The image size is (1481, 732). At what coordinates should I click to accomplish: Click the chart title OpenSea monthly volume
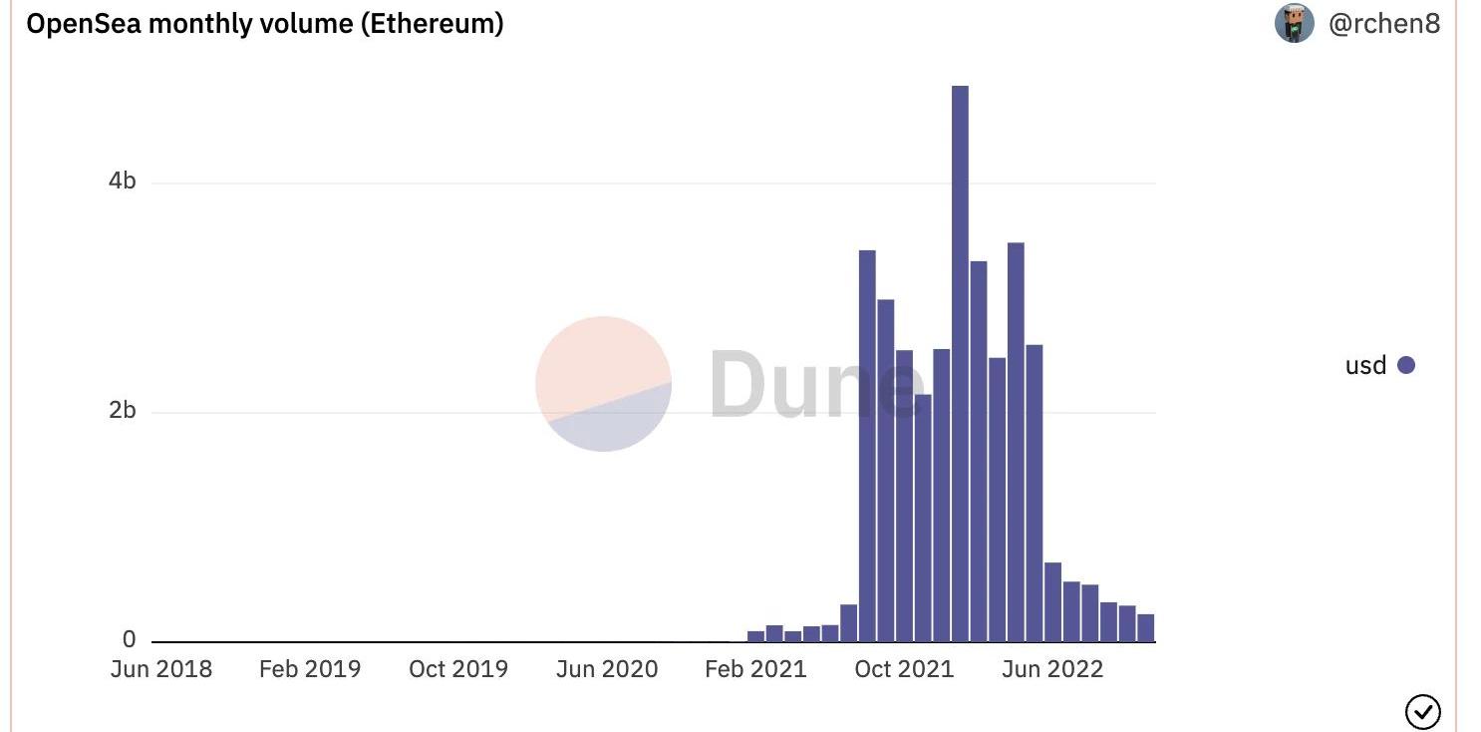pos(264,24)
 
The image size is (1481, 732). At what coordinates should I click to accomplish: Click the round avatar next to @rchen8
pos(1294,23)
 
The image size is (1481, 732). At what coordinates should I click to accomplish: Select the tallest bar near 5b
pos(960,363)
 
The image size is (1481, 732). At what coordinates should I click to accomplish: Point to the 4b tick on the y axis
pos(123,182)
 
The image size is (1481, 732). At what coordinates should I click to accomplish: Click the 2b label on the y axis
pos(123,411)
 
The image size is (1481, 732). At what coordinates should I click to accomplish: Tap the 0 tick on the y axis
pos(129,640)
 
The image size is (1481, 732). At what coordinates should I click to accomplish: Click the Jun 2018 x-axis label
pos(161,669)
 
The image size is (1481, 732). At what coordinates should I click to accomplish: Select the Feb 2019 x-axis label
pos(310,669)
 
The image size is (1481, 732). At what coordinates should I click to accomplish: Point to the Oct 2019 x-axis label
pos(458,669)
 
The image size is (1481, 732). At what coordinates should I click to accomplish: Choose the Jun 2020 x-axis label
pos(607,669)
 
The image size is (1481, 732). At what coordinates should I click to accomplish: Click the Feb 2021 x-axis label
pos(755,669)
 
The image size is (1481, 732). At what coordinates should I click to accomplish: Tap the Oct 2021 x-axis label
pos(904,669)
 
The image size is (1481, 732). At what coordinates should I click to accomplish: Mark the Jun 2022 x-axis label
pos(1052,669)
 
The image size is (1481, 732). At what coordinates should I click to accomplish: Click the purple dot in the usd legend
pos(1406,365)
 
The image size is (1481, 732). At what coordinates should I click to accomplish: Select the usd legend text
pos(1365,365)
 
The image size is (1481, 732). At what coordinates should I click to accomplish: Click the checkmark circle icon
pos(1422,711)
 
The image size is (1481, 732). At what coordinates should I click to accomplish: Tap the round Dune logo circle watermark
pos(603,384)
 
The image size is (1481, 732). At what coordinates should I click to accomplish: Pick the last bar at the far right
pos(1146,627)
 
